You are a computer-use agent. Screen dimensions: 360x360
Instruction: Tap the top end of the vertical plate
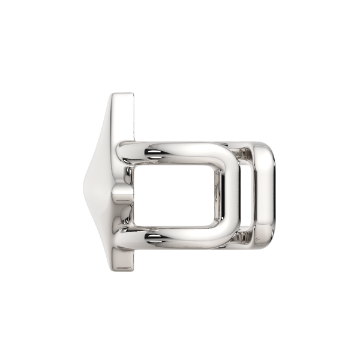122,97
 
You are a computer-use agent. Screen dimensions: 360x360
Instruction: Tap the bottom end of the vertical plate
122,262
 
